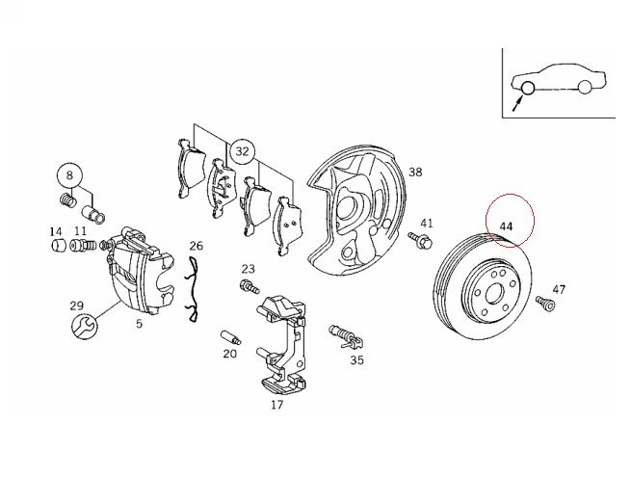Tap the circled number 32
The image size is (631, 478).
coord(241,151)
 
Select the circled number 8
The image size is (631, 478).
coord(69,176)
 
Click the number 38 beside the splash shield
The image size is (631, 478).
coord(415,173)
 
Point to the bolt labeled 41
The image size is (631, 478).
coord(421,242)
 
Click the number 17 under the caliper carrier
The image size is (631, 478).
coord(276,406)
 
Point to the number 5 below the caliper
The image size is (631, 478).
coord(138,324)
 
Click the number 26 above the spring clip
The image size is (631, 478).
coord(197,247)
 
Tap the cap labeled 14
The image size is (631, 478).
coord(58,246)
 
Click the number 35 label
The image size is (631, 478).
coord(357,361)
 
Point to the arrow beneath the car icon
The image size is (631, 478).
coord(516,102)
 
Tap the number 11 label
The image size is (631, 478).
coord(80,231)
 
